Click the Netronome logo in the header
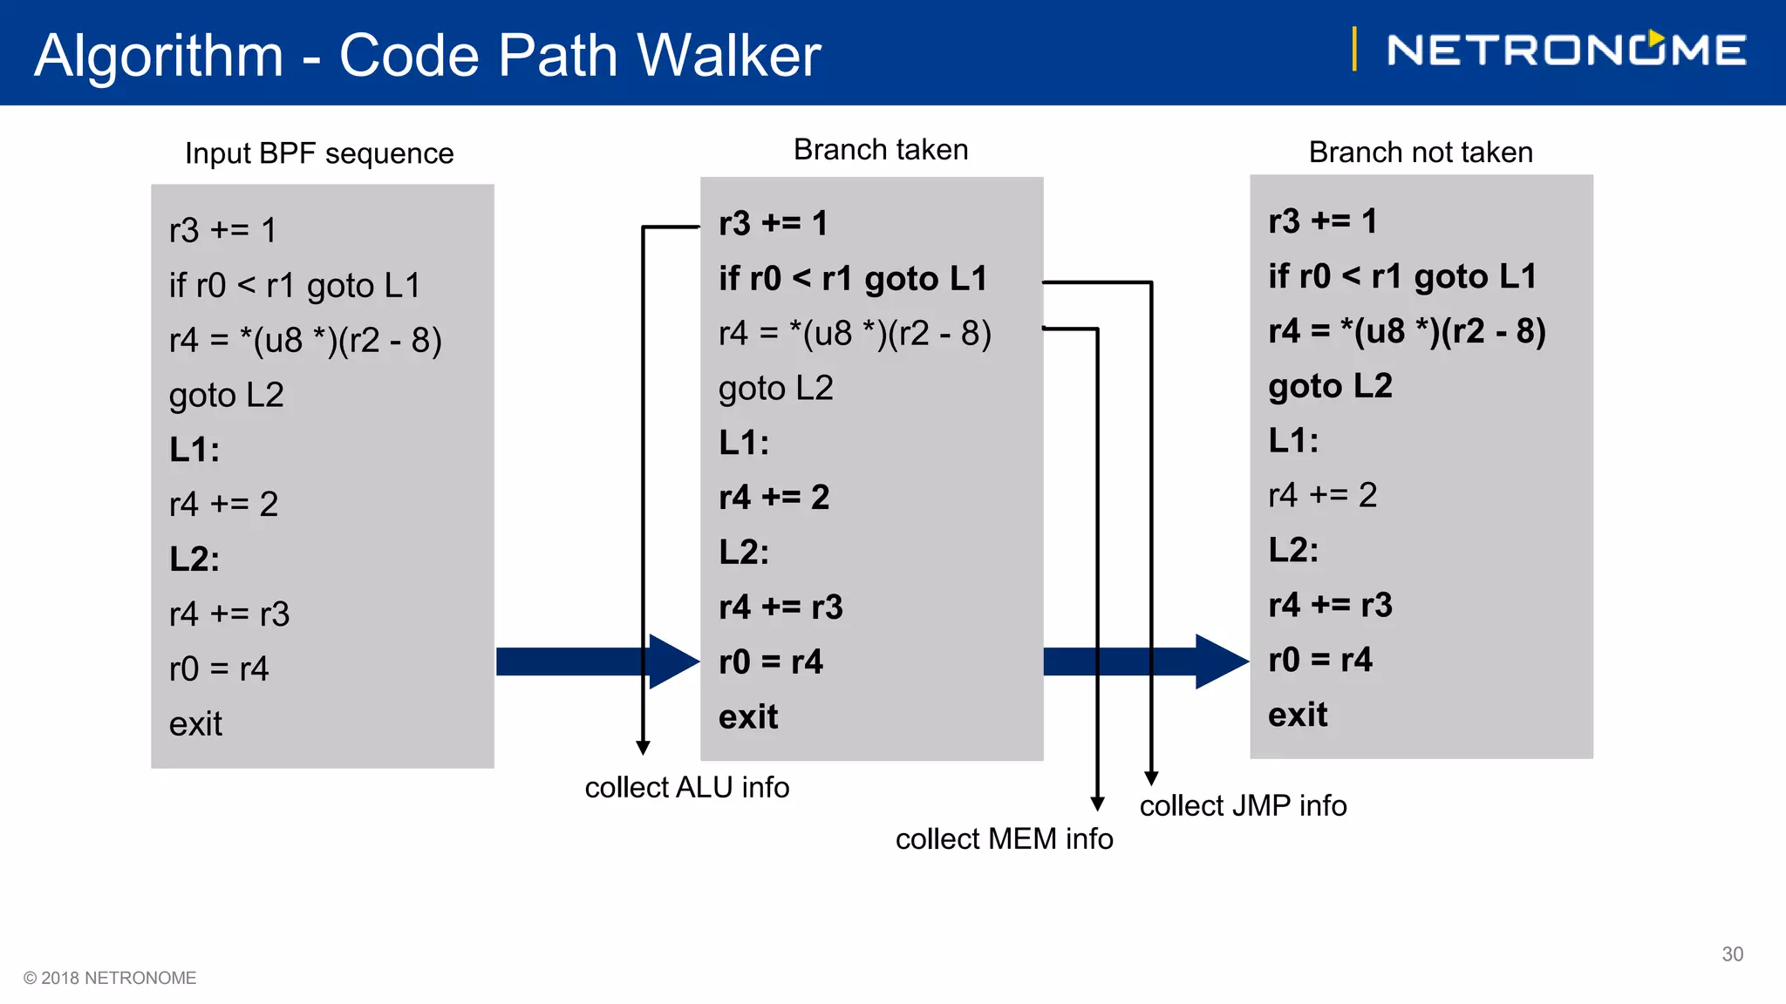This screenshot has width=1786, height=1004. (1565, 50)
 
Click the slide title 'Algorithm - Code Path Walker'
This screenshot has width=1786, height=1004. (427, 56)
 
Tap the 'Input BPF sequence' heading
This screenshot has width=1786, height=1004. (319, 153)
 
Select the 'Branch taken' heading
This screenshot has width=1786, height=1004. (880, 150)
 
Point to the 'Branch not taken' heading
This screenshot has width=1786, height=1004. (1420, 153)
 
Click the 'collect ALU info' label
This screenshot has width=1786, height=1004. (686, 787)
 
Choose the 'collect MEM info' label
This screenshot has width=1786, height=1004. (1004, 838)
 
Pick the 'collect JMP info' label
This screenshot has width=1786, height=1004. (1243, 805)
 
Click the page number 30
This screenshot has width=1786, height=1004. (1732, 954)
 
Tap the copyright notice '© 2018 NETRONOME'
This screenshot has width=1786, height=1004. (110, 978)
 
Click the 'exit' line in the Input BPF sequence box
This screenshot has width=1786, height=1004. (195, 724)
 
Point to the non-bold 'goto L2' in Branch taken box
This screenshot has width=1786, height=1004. (775, 388)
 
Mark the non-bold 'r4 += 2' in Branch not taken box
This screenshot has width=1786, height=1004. (1322, 495)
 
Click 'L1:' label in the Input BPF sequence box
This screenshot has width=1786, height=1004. (194, 450)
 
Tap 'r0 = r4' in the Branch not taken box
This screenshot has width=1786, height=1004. (1319, 660)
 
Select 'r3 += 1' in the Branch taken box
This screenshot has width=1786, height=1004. (773, 224)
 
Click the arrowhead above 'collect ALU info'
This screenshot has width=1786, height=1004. (643, 748)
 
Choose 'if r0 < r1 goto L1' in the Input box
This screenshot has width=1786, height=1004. (294, 286)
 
